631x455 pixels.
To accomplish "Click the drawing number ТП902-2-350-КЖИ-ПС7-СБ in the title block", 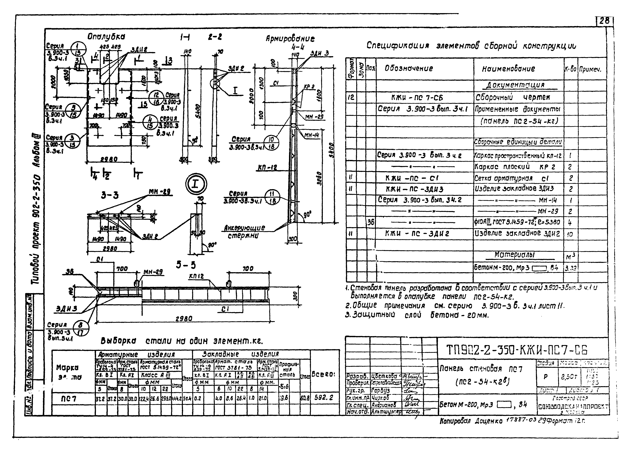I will pyautogui.click(x=517, y=350).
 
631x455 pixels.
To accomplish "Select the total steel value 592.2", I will pyautogui.click(x=324, y=398).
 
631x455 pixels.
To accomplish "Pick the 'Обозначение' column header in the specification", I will pyautogui.click(x=409, y=68).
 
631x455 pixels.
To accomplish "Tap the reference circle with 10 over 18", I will pyautogui.click(x=271, y=143).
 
